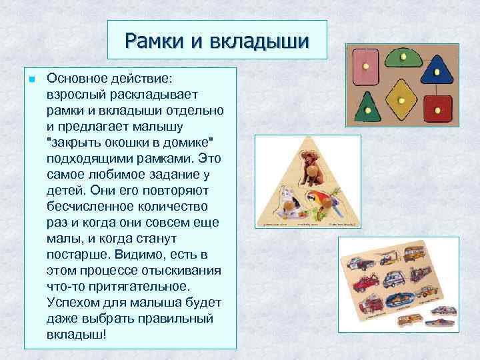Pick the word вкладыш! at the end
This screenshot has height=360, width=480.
click(x=76, y=334)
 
